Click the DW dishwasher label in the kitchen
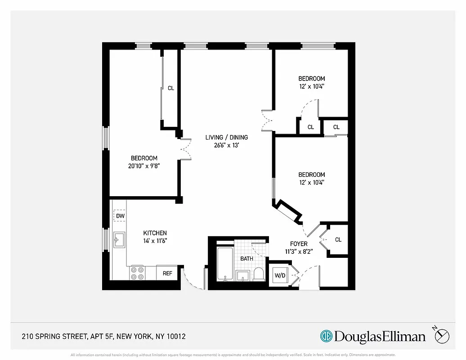pyautogui.click(x=120, y=216)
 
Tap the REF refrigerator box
pyautogui.click(x=167, y=273)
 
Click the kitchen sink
pyautogui.click(x=119, y=240)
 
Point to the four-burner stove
pyautogui.click(x=137, y=273)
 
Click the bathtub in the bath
pyautogui.click(x=225, y=264)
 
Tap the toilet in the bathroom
pyautogui.click(x=259, y=274)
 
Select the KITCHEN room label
pyautogui.click(x=155, y=233)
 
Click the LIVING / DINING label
pyautogui.click(x=226, y=137)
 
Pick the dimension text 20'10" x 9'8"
pyautogui.click(x=144, y=166)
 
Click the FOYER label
pyautogui.click(x=299, y=244)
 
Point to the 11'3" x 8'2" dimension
pyautogui.click(x=299, y=252)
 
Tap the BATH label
pyautogui.click(x=246, y=259)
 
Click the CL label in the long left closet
pyautogui.click(x=171, y=88)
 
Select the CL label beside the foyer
pyautogui.click(x=338, y=240)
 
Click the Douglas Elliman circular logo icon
pyautogui.click(x=326, y=336)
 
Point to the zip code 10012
pyautogui.click(x=176, y=337)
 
